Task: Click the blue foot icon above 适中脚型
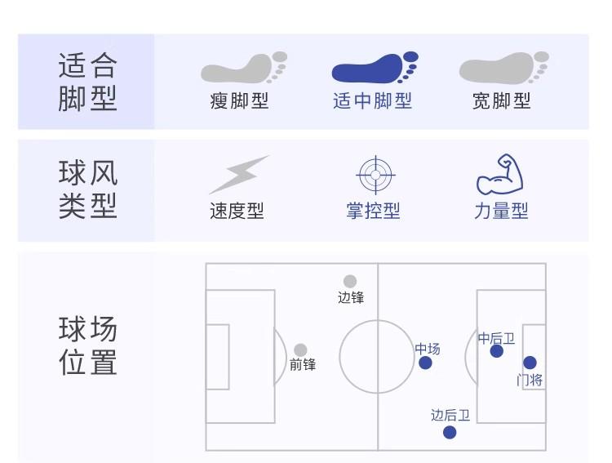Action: point(375,69)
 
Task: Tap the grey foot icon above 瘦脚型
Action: point(244,69)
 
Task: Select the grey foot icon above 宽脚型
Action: point(503,69)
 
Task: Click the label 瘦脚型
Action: point(239,100)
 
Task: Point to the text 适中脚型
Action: point(372,100)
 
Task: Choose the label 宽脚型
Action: point(501,100)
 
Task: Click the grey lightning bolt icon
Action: point(238,174)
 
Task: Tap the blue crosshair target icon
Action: point(376,174)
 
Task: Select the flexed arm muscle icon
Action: point(499,173)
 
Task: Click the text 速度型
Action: point(237,211)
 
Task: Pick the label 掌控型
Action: point(373,211)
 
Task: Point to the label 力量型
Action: point(501,211)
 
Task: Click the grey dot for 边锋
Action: point(350,282)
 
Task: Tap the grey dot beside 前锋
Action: point(300,350)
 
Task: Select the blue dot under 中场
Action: point(425,363)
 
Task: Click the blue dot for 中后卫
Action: point(497,351)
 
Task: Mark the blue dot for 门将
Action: point(530,363)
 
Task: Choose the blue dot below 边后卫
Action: point(450,432)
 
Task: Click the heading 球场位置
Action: point(87,346)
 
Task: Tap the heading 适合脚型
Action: point(87,82)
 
